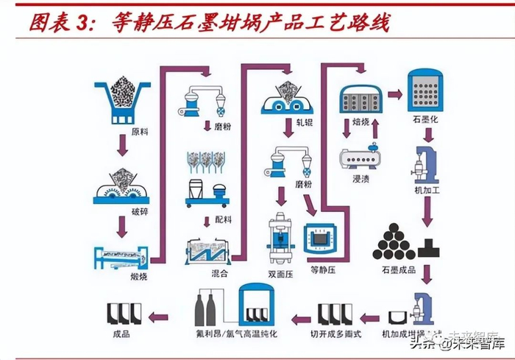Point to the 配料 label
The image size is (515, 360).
tap(223, 219)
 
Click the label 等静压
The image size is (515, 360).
tap(324, 269)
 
